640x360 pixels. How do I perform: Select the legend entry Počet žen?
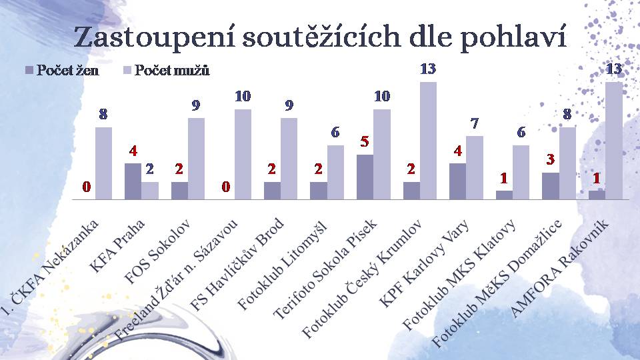[x=62, y=70]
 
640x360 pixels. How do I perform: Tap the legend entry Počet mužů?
[x=166, y=70]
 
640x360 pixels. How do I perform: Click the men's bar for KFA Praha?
[x=150, y=191]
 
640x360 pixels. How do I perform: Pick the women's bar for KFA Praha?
[x=133, y=181]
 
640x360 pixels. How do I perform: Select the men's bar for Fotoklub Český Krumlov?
[x=428, y=141]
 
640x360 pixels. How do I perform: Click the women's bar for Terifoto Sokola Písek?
[x=365, y=177]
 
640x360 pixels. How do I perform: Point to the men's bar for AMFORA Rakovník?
[x=614, y=141]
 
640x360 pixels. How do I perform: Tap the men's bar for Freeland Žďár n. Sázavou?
[x=243, y=154]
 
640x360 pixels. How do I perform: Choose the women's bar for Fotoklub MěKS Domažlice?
[x=551, y=186]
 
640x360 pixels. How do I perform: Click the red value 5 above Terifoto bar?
[x=365, y=141]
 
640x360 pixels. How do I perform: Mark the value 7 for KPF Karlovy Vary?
[x=474, y=123]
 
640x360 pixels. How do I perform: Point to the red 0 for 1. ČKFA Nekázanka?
[x=86, y=187]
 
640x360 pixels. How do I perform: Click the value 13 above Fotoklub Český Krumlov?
[x=428, y=69]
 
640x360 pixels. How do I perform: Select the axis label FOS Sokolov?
[x=157, y=251]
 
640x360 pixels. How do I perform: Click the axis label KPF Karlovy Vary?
[x=425, y=264]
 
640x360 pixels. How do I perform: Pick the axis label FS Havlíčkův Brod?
[x=237, y=265]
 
